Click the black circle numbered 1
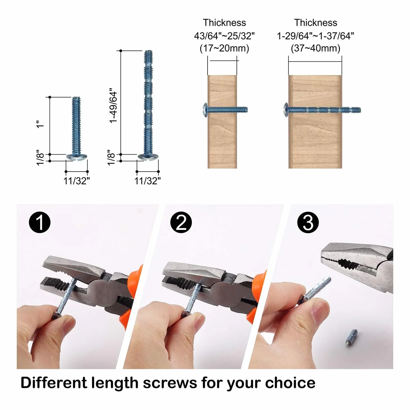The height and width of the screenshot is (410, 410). click(40, 223)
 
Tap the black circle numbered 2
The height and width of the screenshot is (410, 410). click(181, 223)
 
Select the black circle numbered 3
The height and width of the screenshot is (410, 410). click(308, 223)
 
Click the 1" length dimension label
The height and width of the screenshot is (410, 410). click(40, 124)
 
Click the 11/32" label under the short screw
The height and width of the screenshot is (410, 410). click(77, 181)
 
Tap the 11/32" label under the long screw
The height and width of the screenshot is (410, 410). click(148, 181)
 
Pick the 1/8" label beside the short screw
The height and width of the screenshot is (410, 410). click(40, 157)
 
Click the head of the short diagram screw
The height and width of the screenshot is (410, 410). click(77, 157)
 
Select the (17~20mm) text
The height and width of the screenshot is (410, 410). click(224, 48)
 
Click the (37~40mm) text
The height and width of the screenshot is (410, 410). click(315, 48)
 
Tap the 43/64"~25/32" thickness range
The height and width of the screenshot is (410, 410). click(224, 36)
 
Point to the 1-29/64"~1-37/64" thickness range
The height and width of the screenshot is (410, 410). click(315, 36)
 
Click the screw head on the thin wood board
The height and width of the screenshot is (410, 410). click(205, 110)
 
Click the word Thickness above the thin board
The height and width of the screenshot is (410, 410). click(224, 23)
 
